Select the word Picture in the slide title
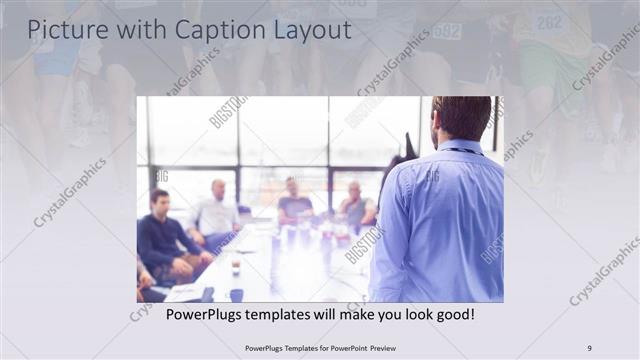65,30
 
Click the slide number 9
589,347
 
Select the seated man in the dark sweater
162,240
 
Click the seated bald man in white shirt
216,215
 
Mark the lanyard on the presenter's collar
462,151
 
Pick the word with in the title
135,30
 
